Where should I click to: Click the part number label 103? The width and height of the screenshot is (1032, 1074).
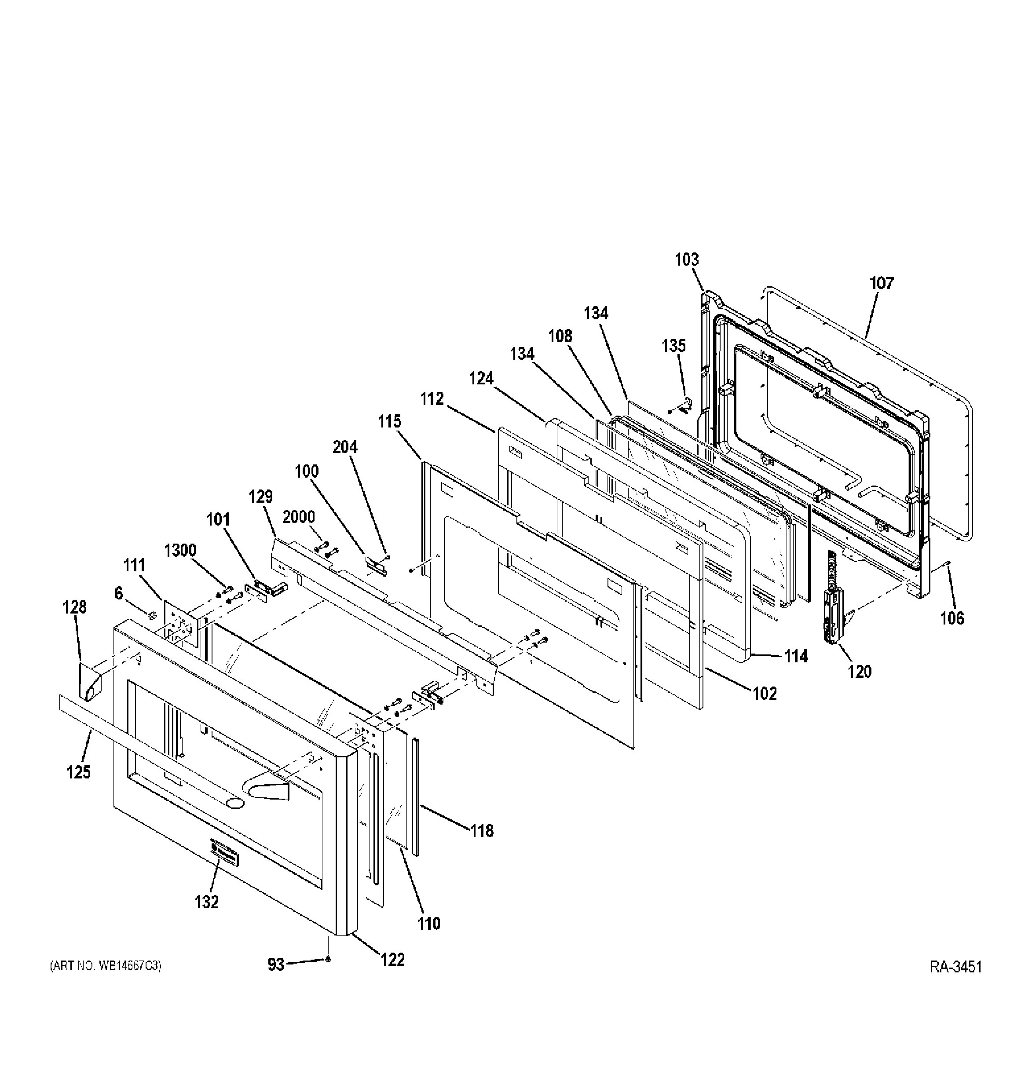[687, 260]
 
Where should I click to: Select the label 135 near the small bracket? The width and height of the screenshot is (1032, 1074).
[673, 346]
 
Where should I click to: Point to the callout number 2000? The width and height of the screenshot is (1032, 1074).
[299, 517]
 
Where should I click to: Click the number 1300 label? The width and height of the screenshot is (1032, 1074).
[180, 550]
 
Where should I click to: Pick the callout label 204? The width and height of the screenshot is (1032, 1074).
[345, 447]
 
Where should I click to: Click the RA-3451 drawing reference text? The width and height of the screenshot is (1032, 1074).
[955, 983]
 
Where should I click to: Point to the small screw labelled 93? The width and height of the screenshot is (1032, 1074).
[327, 974]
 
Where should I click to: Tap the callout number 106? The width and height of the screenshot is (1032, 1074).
[952, 618]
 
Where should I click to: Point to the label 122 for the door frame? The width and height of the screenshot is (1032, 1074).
[392, 960]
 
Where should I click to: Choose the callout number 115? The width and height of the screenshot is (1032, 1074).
[389, 421]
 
